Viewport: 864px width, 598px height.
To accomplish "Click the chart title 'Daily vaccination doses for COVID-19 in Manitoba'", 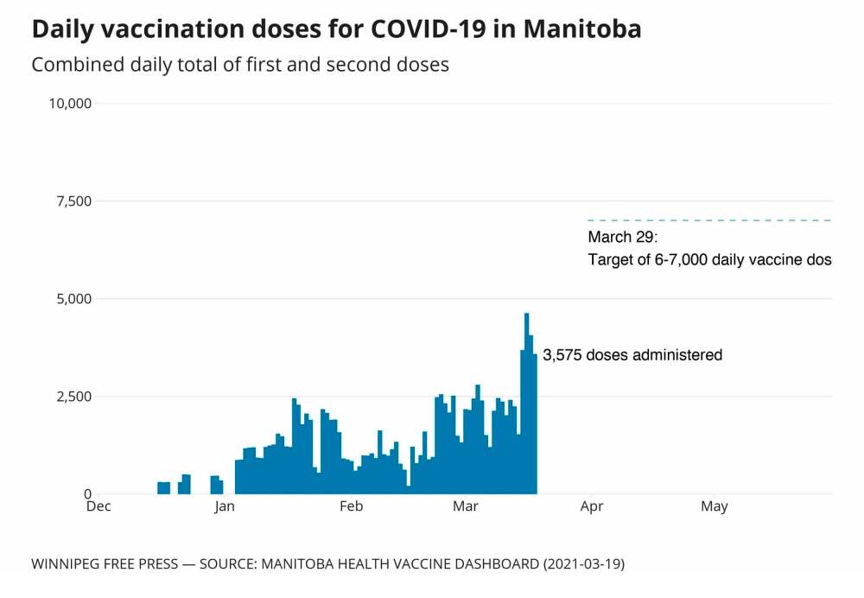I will click(x=336, y=29).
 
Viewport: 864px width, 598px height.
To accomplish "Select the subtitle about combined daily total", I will click(x=240, y=65).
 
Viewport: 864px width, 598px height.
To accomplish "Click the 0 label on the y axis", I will click(x=87, y=494).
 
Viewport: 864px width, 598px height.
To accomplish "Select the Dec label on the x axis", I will click(x=98, y=507).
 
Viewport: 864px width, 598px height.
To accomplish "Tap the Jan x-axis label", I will click(x=225, y=507).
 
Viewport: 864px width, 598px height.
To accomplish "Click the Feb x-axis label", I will click(x=351, y=507).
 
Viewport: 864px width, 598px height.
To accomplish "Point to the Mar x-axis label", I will click(x=466, y=507).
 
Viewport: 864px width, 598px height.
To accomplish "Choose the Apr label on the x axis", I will click(x=592, y=507).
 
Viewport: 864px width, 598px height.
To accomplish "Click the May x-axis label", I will click(x=715, y=507).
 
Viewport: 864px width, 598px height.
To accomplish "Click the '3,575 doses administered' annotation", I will click(x=632, y=355).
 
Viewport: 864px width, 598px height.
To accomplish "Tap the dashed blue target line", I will click(x=708, y=220).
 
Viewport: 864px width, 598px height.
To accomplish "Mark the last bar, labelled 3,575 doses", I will click(x=536, y=423).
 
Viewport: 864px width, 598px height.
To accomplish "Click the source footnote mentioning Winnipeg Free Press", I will click(x=327, y=564).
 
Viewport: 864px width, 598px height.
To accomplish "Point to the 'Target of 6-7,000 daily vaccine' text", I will click(x=709, y=259).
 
